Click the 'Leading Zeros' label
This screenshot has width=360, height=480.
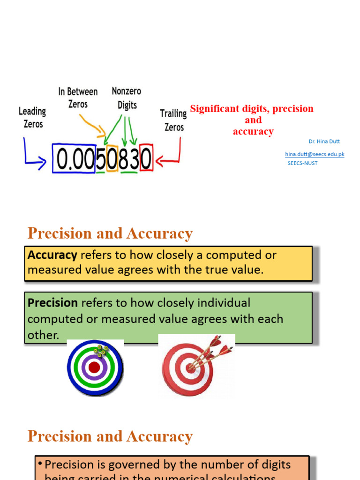click(32, 118)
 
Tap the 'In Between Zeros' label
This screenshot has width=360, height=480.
click(78, 97)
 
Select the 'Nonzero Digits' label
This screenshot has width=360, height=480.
click(127, 97)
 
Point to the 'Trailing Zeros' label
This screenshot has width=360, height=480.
click(173, 120)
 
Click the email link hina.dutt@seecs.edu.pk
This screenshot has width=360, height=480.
click(315, 154)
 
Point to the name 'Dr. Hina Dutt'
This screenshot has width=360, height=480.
click(324, 141)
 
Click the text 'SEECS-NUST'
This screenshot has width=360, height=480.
click(302, 163)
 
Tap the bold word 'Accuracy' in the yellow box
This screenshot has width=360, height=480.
click(52, 255)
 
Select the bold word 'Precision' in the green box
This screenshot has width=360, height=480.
click(52, 303)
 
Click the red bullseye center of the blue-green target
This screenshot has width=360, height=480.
click(94, 367)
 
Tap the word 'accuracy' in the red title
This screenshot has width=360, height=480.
click(253, 131)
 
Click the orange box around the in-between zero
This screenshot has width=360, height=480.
click(112, 158)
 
